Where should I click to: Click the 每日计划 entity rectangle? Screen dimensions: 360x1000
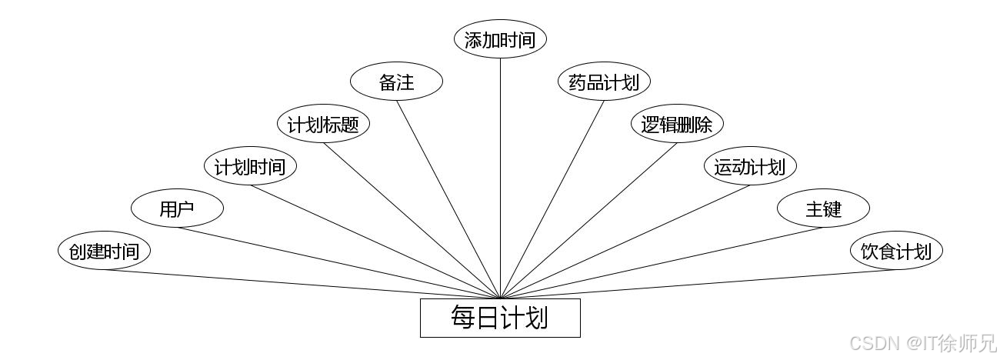500,318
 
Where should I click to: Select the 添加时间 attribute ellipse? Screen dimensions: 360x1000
500,40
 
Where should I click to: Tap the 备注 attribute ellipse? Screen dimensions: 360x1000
397,82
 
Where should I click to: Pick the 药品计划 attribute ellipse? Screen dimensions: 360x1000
604,82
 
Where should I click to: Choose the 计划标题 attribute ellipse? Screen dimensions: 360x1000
323,125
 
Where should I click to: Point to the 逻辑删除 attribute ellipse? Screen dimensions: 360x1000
677,125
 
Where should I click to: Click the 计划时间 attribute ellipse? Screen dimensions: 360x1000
250,166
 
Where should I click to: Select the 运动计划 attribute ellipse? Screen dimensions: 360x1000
750,166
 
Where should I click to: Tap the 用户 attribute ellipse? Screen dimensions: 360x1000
177,208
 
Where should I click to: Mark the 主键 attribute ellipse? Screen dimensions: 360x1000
823,208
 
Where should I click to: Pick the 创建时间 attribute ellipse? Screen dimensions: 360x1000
104,251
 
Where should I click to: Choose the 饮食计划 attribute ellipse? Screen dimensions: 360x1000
896,251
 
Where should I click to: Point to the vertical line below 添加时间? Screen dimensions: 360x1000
500,177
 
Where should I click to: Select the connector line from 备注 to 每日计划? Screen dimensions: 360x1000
448,199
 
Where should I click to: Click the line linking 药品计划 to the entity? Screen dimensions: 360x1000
552,199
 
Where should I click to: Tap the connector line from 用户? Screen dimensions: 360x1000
338,262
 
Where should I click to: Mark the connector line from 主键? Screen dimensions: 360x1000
662,262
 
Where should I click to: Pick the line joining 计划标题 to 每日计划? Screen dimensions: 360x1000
412,220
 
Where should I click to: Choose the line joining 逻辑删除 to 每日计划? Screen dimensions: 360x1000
588,220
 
